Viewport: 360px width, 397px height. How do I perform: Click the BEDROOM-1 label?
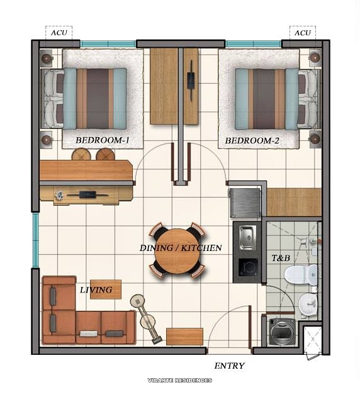pos(102,140)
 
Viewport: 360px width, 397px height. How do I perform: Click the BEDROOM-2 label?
pos(252,140)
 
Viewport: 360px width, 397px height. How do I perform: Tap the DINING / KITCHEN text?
pos(181,248)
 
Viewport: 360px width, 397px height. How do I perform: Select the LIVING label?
pos(96,290)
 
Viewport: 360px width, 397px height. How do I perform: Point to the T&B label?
pos(279,258)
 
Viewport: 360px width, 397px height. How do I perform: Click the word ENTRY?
pos(229,366)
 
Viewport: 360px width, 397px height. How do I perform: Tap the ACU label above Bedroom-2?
pos(303,33)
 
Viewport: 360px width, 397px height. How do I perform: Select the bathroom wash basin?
pos(307,305)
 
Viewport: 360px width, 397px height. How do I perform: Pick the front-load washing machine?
pos(282,332)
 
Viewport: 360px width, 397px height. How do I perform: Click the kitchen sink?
pos(247,237)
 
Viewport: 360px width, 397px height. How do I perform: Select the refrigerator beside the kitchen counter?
pos(245,203)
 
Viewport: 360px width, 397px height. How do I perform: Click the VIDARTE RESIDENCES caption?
pos(179,381)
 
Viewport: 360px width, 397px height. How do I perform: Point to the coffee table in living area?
pos(106,289)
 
